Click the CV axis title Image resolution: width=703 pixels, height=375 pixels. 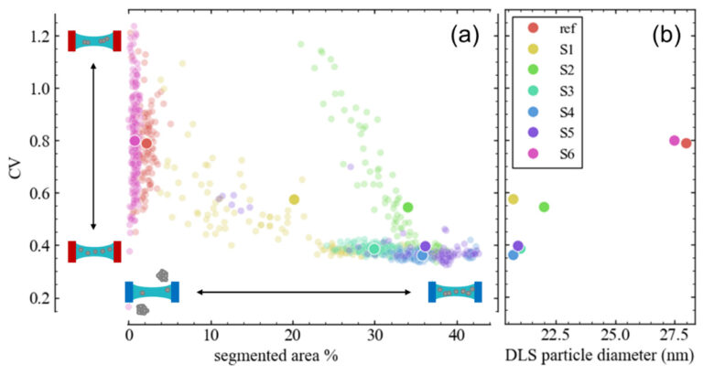[12, 168]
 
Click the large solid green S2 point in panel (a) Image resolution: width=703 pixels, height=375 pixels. [407, 207]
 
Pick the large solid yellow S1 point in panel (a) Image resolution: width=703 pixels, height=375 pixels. [294, 198]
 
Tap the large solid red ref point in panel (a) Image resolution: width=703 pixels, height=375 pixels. [146, 144]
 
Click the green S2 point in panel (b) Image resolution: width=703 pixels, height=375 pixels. [544, 207]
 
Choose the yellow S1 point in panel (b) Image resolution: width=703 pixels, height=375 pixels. [513, 198]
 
